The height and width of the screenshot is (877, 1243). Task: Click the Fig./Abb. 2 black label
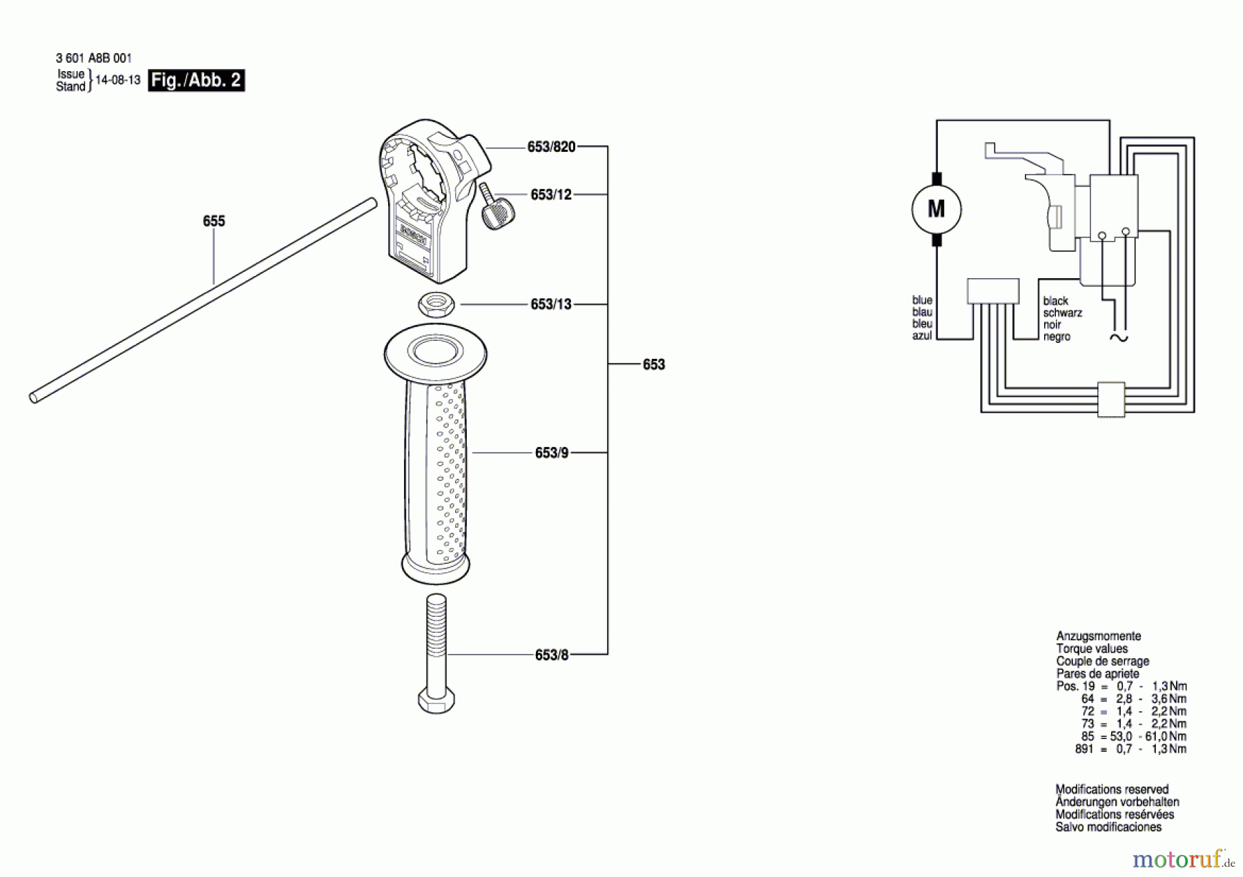pos(196,80)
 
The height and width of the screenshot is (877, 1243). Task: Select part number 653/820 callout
pos(551,147)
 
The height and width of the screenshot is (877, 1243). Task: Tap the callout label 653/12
pos(551,195)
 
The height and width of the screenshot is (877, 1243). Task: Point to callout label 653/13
pos(551,304)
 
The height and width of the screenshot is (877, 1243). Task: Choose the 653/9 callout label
pos(551,453)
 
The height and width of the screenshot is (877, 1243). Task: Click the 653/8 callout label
pos(551,655)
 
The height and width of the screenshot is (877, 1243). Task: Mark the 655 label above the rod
pos(214,221)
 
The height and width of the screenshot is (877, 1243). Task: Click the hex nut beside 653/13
pos(436,304)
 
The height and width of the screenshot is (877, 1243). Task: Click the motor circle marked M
pos(936,208)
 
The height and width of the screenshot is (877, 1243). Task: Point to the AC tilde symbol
pos(1118,337)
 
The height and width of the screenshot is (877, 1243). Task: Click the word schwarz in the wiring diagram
pos(1062,313)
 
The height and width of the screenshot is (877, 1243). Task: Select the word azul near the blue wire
pos(922,336)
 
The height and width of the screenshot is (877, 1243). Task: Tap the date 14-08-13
pos(117,80)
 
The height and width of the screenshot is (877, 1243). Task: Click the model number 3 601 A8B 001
pos(94,59)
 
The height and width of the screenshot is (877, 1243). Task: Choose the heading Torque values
pos(1092,649)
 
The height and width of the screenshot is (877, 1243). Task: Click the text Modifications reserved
pos(1112,789)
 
